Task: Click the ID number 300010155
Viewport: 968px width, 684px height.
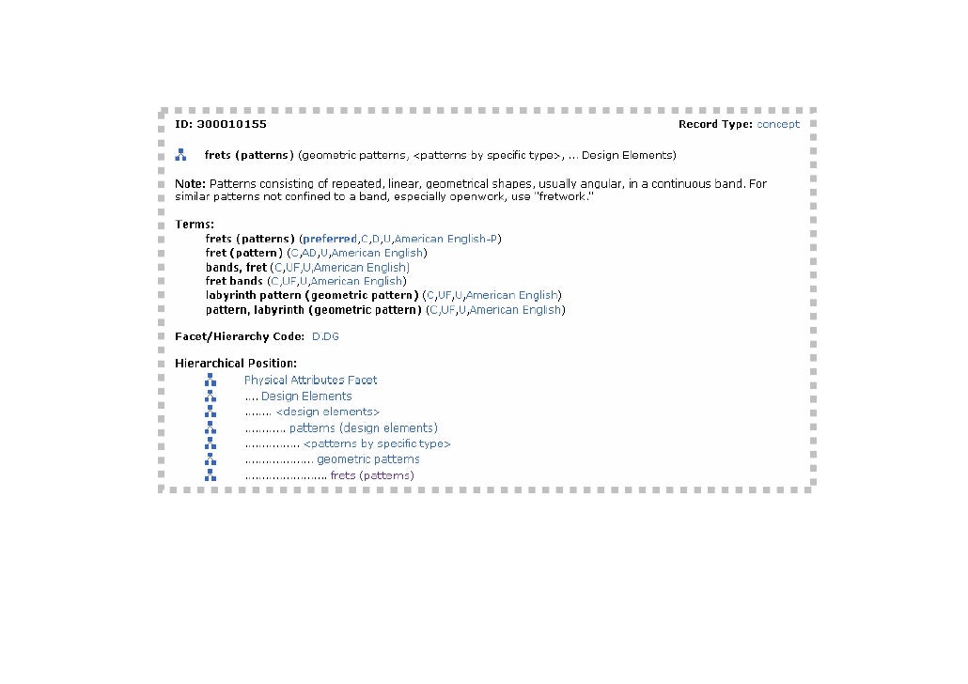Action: [x=231, y=124]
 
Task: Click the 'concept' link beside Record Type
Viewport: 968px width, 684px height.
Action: [x=778, y=124]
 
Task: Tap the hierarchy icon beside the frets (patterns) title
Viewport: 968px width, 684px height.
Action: [x=180, y=155]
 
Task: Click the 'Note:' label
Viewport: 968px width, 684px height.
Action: [x=190, y=184]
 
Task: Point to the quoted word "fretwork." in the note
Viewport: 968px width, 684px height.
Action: [x=565, y=197]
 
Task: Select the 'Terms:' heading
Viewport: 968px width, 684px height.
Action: [x=195, y=225]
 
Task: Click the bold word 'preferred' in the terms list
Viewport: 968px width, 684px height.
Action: [x=330, y=239]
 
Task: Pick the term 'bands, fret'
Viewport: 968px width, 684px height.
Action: [x=236, y=267]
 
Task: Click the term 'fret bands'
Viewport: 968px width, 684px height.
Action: [x=234, y=281]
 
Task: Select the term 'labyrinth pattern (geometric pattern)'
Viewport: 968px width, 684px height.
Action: [x=311, y=295]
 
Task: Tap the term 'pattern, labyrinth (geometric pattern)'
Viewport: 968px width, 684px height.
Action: [x=313, y=309]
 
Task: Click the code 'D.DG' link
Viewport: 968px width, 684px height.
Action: [x=325, y=336]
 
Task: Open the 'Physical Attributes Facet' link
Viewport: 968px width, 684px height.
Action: [x=310, y=381]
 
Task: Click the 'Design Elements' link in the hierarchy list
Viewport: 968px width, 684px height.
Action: [x=306, y=396]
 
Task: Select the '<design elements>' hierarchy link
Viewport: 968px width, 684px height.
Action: [x=328, y=412]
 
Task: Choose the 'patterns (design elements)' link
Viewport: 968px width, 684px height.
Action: [x=363, y=428]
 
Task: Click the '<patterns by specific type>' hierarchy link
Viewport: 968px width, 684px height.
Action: [x=377, y=443]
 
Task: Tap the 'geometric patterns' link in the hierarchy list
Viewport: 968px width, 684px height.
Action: [x=368, y=459]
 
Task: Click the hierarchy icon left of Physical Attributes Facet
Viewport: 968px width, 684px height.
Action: [x=211, y=381]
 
